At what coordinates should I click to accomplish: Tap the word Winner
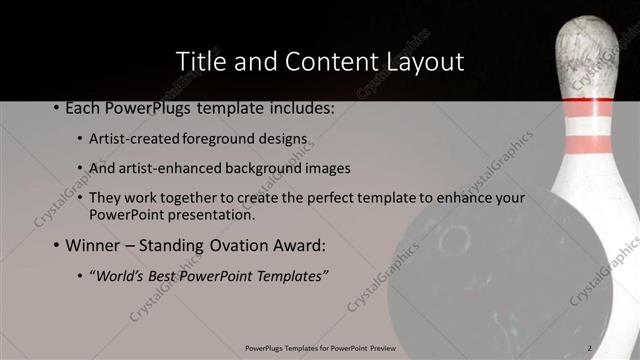coord(93,245)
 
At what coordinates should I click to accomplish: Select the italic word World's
coord(119,275)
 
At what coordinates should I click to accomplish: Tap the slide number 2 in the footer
coord(590,347)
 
